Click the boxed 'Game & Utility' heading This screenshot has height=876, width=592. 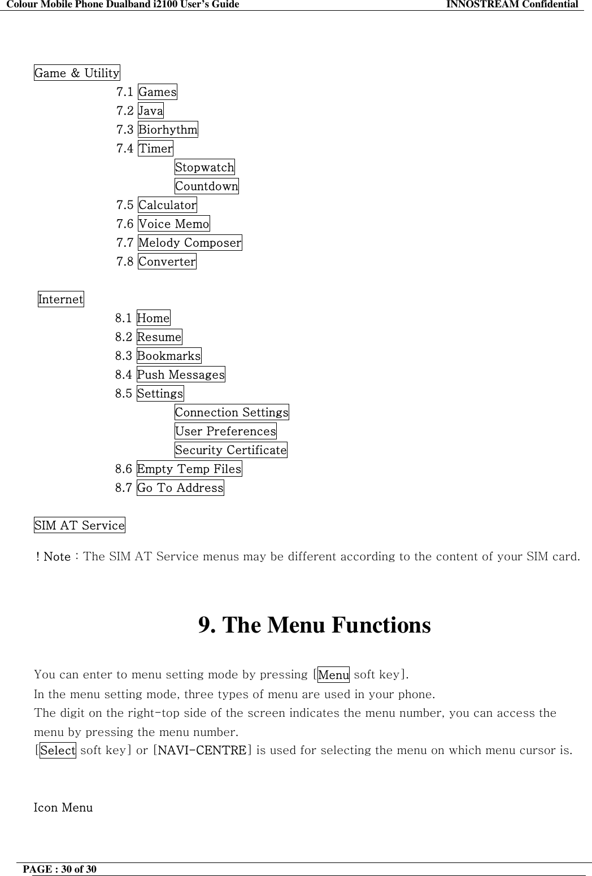click(x=77, y=73)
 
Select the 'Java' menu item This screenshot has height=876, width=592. click(x=151, y=111)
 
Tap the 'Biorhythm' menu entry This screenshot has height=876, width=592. click(x=168, y=129)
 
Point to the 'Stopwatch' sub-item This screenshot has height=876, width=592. click(x=204, y=167)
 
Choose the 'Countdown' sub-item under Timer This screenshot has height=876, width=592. click(x=206, y=186)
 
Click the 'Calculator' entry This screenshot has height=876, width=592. click(x=167, y=205)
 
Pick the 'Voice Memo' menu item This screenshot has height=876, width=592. click(x=173, y=224)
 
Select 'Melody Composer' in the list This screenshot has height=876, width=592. click(x=190, y=243)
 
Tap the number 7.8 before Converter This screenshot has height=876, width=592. click(x=125, y=262)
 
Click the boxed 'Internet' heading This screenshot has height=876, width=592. click(x=60, y=299)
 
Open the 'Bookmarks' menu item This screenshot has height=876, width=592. click(x=169, y=356)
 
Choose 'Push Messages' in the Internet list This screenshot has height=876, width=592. click(x=181, y=374)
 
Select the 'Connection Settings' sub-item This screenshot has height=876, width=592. click(x=232, y=412)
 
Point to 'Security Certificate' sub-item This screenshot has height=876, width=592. click(x=230, y=450)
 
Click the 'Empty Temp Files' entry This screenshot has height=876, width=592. click(x=189, y=469)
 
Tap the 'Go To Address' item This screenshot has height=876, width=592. click(x=180, y=488)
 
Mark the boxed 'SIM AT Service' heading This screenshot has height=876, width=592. click(x=80, y=525)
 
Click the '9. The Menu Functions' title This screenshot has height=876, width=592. click(x=314, y=625)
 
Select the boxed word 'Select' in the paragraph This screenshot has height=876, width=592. click(x=58, y=751)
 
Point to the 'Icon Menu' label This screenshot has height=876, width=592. click(x=63, y=808)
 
